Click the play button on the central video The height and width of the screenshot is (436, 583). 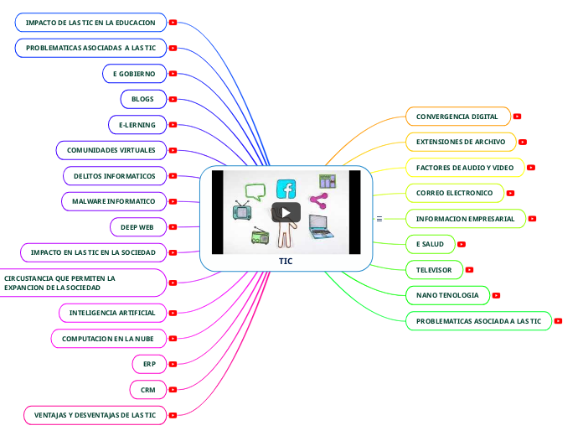pos(286,212)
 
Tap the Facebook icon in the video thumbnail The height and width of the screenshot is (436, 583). pos(286,189)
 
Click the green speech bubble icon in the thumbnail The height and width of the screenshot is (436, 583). pos(255,191)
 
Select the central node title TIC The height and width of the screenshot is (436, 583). pos(286,261)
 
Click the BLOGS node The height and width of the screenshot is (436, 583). pos(142,99)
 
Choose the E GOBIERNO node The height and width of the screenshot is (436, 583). pos(134,74)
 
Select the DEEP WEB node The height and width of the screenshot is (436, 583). pos(137,226)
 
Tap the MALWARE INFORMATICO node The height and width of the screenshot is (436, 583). pos(113,201)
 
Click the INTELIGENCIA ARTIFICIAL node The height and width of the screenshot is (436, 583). pos(112,313)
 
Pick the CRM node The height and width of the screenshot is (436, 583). pos(148,390)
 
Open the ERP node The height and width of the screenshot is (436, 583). pos(149,364)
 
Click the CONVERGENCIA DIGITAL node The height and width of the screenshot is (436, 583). pos(457,117)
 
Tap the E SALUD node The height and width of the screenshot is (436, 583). pos(430,244)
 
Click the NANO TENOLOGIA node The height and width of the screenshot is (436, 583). pos(447,295)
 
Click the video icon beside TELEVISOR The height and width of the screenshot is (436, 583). pos(469,270)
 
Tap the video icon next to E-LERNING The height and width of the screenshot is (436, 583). pos(173,125)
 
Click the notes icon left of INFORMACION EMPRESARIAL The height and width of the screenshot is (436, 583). pos(379,219)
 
